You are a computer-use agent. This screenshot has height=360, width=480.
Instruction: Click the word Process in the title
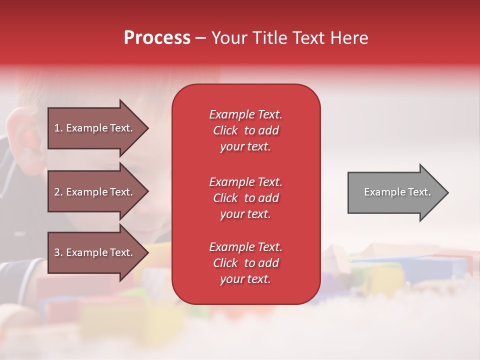point(157,38)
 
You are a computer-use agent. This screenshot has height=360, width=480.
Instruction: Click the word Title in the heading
point(270,37)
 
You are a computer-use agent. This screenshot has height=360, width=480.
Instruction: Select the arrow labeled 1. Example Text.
point(98,128)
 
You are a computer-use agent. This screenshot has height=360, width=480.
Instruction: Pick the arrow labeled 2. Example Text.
point(98,191)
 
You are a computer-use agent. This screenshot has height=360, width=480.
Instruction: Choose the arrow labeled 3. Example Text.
point(98,252)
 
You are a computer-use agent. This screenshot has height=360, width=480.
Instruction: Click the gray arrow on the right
point(398,192)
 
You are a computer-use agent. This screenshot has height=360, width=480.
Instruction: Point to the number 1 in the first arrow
point(57,128)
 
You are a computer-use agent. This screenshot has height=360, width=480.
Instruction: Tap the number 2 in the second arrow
point(57,192)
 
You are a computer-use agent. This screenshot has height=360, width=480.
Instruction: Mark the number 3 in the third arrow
point(57,252)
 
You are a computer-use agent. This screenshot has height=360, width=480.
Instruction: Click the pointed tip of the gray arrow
point(448,192)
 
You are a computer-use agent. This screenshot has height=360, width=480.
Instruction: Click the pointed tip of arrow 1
point(149,128)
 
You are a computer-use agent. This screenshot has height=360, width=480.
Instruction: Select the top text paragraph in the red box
point(246,130)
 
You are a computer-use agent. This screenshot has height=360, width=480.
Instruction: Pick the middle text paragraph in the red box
point(246,198)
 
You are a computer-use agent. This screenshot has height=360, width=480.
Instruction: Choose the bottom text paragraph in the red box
point(246,263)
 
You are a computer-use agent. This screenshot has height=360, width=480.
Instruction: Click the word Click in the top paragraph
point(225,130)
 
